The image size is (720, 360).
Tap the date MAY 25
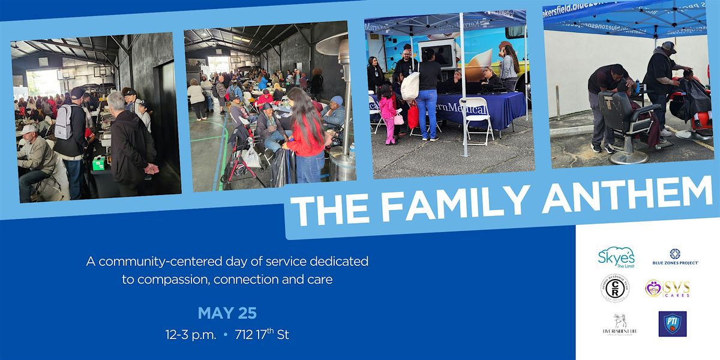[227, 313]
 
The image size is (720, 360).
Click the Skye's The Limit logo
[616, 257]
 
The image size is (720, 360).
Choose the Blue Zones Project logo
[675, 257]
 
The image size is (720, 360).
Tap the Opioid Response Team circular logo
[615, 288]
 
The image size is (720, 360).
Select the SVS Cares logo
[667, 289]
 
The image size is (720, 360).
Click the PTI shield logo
[673, 324]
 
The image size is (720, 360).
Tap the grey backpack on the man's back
[63, 121]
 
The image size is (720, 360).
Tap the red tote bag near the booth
[413, 116]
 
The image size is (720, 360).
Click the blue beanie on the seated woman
[337, 100]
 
